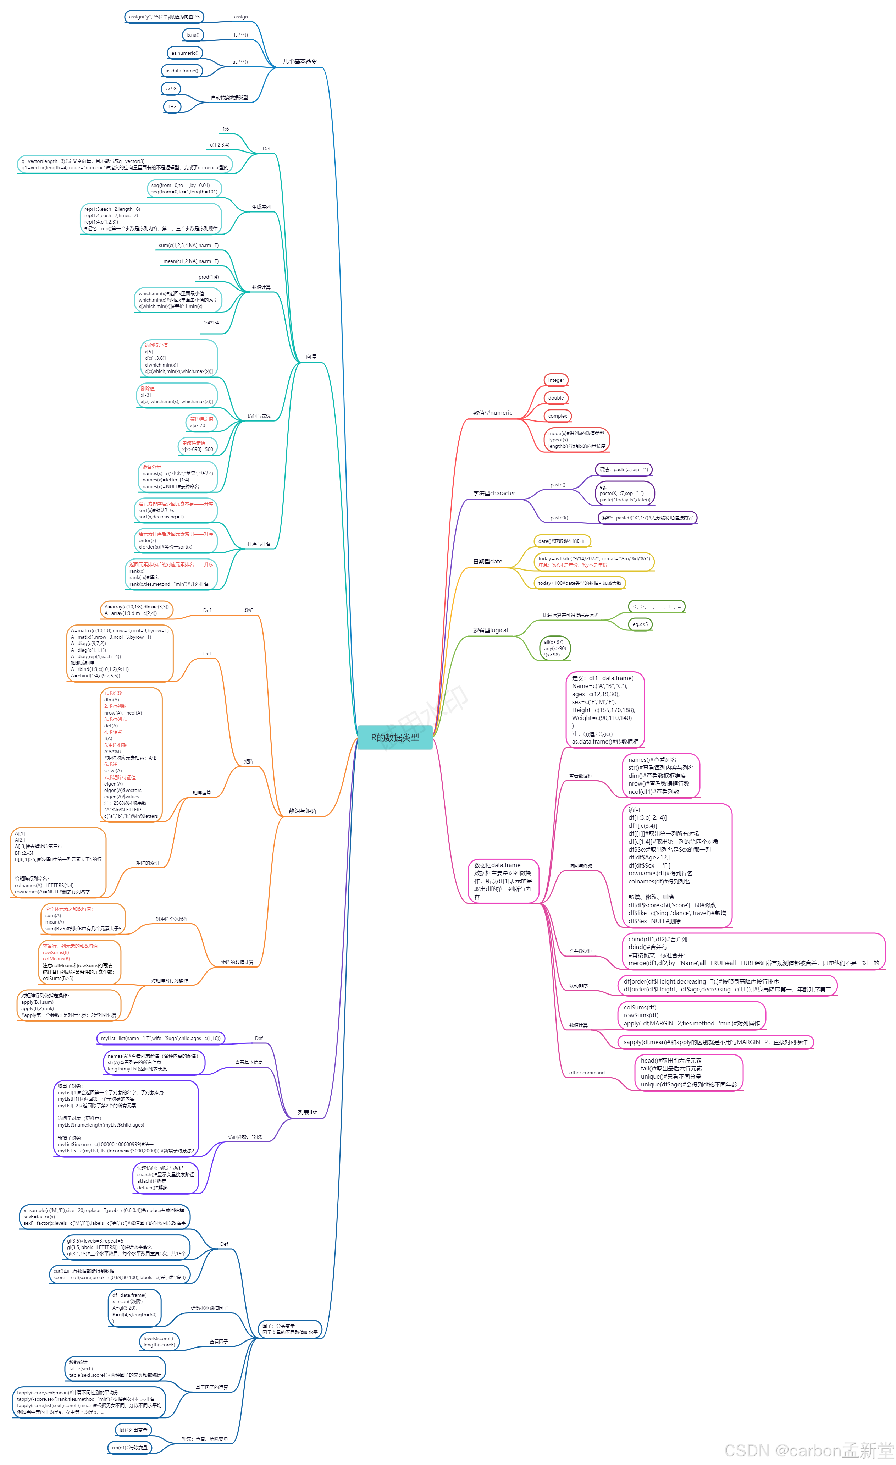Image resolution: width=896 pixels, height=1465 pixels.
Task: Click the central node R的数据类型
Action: [x=395, y=737]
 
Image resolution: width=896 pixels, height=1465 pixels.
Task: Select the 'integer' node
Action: [x=556, y=380]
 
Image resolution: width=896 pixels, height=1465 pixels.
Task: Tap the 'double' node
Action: [x=556, y=398]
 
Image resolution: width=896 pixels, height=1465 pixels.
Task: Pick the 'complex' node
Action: [x=557, y=416]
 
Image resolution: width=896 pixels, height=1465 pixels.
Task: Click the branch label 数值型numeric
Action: [x=492, y=413]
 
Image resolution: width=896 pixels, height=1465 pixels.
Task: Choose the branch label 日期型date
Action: [x=487, y=561]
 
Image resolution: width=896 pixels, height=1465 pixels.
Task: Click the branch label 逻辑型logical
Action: [x=491, y=630]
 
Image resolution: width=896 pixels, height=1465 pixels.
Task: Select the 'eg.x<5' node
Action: [x=640, y=624]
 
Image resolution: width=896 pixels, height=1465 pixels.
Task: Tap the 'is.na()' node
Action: [x=193, y=35]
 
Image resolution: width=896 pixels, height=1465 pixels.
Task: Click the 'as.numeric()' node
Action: [x=185, y=53]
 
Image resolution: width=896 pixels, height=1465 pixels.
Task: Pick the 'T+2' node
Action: [x=172, y=106]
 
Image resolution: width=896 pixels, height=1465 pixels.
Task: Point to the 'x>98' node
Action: [x=171, y=89]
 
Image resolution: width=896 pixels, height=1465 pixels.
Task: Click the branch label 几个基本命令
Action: [x=300, y=61]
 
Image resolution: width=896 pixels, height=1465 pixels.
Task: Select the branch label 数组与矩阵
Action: [x=303, y=811]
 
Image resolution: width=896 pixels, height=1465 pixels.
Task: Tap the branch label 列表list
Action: [x=308, y=1112]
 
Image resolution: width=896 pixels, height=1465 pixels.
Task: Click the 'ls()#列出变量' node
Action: [x=133, y=1430]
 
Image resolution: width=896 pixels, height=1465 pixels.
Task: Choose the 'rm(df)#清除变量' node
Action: [x=129, y=1448]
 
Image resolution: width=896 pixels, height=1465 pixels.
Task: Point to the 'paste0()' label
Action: [x=559, y=518]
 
